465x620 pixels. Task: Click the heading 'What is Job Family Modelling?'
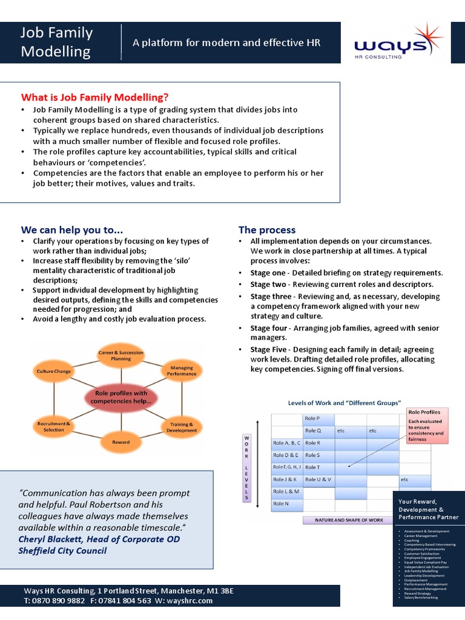pyautogui.click(x=95, y=97)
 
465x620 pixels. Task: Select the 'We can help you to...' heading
pyautogui.click(x=72, y=230)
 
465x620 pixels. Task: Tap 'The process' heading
pyautogui.click(x=267, y=230)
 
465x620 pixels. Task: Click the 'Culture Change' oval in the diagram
pyautogui.click(x=54, y=371)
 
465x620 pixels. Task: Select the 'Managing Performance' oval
pyautogui.click(x=182, y=371)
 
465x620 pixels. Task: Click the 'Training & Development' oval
pyautogui.click(x=182, y=427)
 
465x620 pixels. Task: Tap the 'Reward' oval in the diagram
pyautogui.click(x=120, y=442)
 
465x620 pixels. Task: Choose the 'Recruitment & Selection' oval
pyautogui.click(x=54, y=426)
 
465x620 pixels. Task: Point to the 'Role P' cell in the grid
pyautogui.click(x=318, y=418)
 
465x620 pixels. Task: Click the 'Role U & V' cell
pyautogui.click(x=318, y=480)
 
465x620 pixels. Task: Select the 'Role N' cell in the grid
pyautogui.click(x=286, y=504)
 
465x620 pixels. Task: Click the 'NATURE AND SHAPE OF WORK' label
pyautogui.click(x=349, y=519)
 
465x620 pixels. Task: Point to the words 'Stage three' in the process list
pyautogui.click(x=271, y=296)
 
